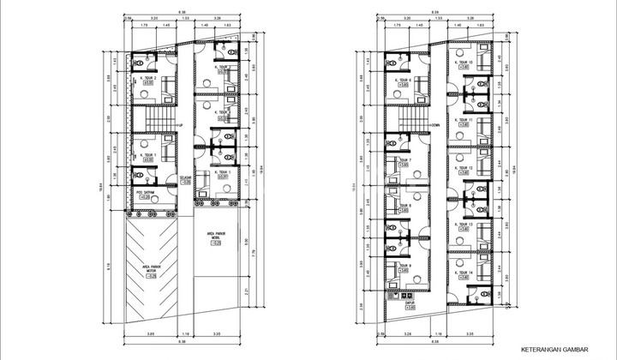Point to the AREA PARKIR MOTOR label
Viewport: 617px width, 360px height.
tap(153, 268)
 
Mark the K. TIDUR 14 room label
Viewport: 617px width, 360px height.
tap(467, 272)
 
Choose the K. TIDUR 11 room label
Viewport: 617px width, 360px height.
tap(467, 119)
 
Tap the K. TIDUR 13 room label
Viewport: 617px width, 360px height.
tap(467, 224)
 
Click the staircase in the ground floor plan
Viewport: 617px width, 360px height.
tap(158, 112)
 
